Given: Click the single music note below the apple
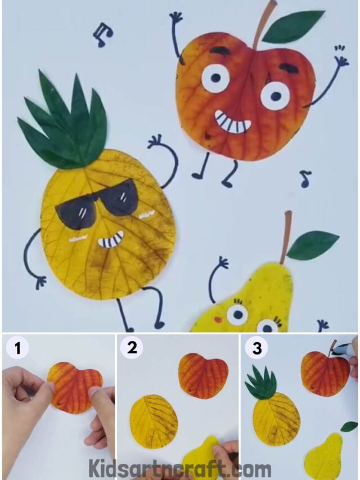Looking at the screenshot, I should (x=305, y=179).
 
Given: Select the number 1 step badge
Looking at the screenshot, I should (x=18, y=348).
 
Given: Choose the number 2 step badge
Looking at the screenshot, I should (x=132, y=348).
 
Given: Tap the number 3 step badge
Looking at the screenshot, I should (x=256, y=348).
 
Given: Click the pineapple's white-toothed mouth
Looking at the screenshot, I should (x=110, y=241).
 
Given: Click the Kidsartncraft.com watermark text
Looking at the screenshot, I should (x=179, y=468).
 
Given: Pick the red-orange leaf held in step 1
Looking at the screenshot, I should (x=74, y=387).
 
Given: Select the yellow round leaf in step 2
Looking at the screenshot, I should (x=154, y=421).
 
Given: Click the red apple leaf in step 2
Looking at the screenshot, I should (x=203, y=376).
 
